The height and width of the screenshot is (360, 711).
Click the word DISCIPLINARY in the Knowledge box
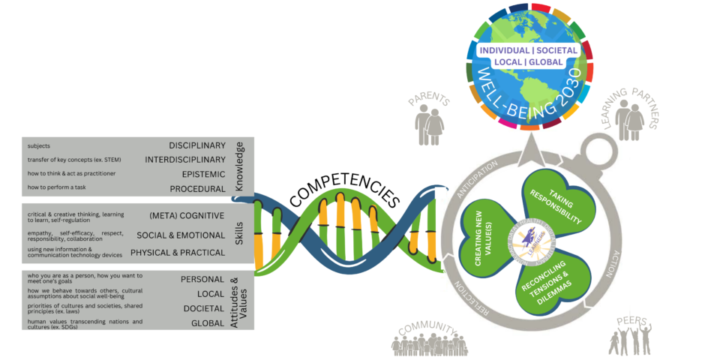(x=197, y=145)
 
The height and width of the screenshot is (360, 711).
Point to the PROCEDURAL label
(x=197, y=188)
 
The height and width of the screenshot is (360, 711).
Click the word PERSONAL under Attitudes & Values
(x=202, y=279)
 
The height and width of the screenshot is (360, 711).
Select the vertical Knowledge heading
(x=239, y=166)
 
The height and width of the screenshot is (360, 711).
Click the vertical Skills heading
(x=239, y=232)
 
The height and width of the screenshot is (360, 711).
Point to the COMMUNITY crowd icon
(x=429, y=344)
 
